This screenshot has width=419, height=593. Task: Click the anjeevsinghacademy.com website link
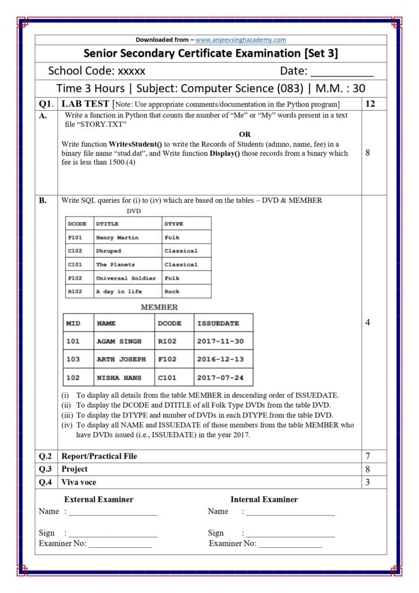pyautogui.click(x=240, y=40)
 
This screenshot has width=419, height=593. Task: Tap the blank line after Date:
pyautogui.click(x=342, y=74)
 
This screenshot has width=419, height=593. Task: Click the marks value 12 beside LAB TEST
pyautogui.click(x=371, y=104)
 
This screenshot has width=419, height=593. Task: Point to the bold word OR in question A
pyautogui.click(x=245, y=134)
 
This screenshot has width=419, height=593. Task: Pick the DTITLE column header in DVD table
pyautogui.click(x=107, y=224)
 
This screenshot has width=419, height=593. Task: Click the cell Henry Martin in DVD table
pyautogui.click(x=117, y=237)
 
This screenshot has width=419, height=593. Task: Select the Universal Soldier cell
pyautogui.click(x=126, y=278)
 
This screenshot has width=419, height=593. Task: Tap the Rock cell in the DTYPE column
pyautogui.click(x=172, y=291)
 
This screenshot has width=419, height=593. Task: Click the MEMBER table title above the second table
pyautogui.click(x=159, y=307)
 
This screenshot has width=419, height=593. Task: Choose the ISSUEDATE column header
pyautogui.click(x=218, y=323)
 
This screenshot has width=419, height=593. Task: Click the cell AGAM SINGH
pyautogui.click(x=119, y=341)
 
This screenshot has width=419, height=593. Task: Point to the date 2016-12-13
pyautogui.click(x=220, y=359)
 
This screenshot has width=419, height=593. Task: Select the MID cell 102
pyautogui.click(x=73, y=378)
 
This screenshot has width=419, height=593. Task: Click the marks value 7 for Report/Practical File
pyautogui.click(x=367, y=456)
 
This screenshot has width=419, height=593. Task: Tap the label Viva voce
pyautogui.click(x=79, y=482)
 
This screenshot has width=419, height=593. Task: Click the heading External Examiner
pyautogui.click(x=98, y=499)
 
